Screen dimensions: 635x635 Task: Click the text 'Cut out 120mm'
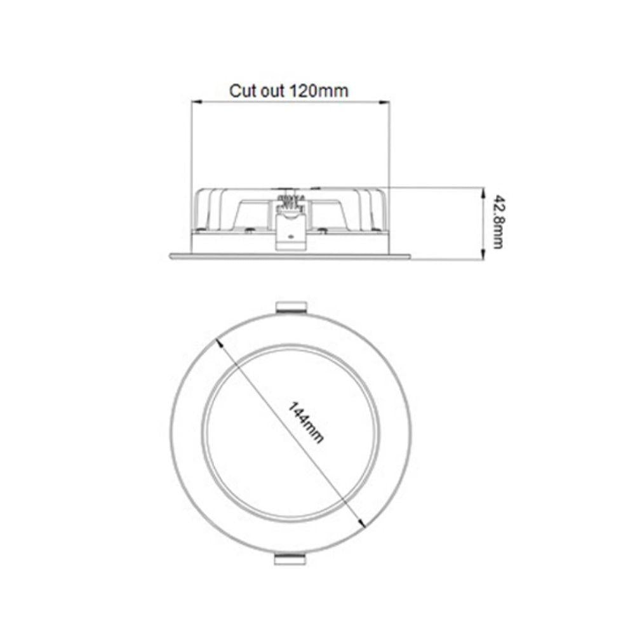pos(289,90)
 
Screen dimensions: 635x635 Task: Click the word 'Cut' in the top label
pos(241,90)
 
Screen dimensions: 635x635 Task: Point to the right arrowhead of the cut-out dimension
pos(385,102)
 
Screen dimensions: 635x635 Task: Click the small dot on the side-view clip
pos(290,236)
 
